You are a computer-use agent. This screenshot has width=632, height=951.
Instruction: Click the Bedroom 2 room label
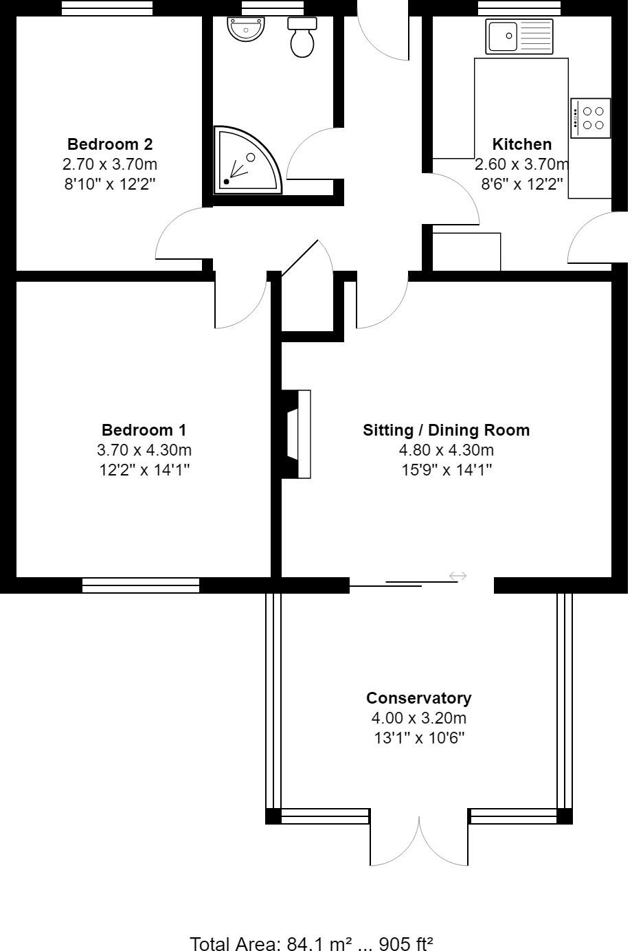(x=110, y=144)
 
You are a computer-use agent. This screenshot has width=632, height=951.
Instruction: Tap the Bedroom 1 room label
(x=144, y=430)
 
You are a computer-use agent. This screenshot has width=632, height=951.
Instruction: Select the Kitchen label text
(x=522, y=144)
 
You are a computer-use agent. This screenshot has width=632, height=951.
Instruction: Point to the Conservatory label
(x=418, y=698)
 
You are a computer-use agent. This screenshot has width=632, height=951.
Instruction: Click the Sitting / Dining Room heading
(x=447, y=430)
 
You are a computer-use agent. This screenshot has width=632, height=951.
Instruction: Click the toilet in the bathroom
(x=302, y=38)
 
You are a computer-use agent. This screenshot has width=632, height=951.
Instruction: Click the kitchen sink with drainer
(x=519, y=36)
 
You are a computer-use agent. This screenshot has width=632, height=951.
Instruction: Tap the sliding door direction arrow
(x=458, y=576)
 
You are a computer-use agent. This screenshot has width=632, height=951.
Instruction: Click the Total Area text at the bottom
(x=311, y=943)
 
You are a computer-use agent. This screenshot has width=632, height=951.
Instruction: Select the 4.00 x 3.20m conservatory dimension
(x=418, y=719)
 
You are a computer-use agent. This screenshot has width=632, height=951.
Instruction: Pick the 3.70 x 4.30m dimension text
(x=144, y=451)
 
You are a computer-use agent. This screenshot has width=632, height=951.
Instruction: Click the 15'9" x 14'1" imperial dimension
(x=447, y=470)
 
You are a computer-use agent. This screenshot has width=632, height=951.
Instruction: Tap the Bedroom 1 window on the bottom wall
(x=141, y=585)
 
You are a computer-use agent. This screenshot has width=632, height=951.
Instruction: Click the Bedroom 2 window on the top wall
(x=107, y=8)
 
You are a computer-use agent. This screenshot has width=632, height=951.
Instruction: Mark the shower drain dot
(x=226, y=182)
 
